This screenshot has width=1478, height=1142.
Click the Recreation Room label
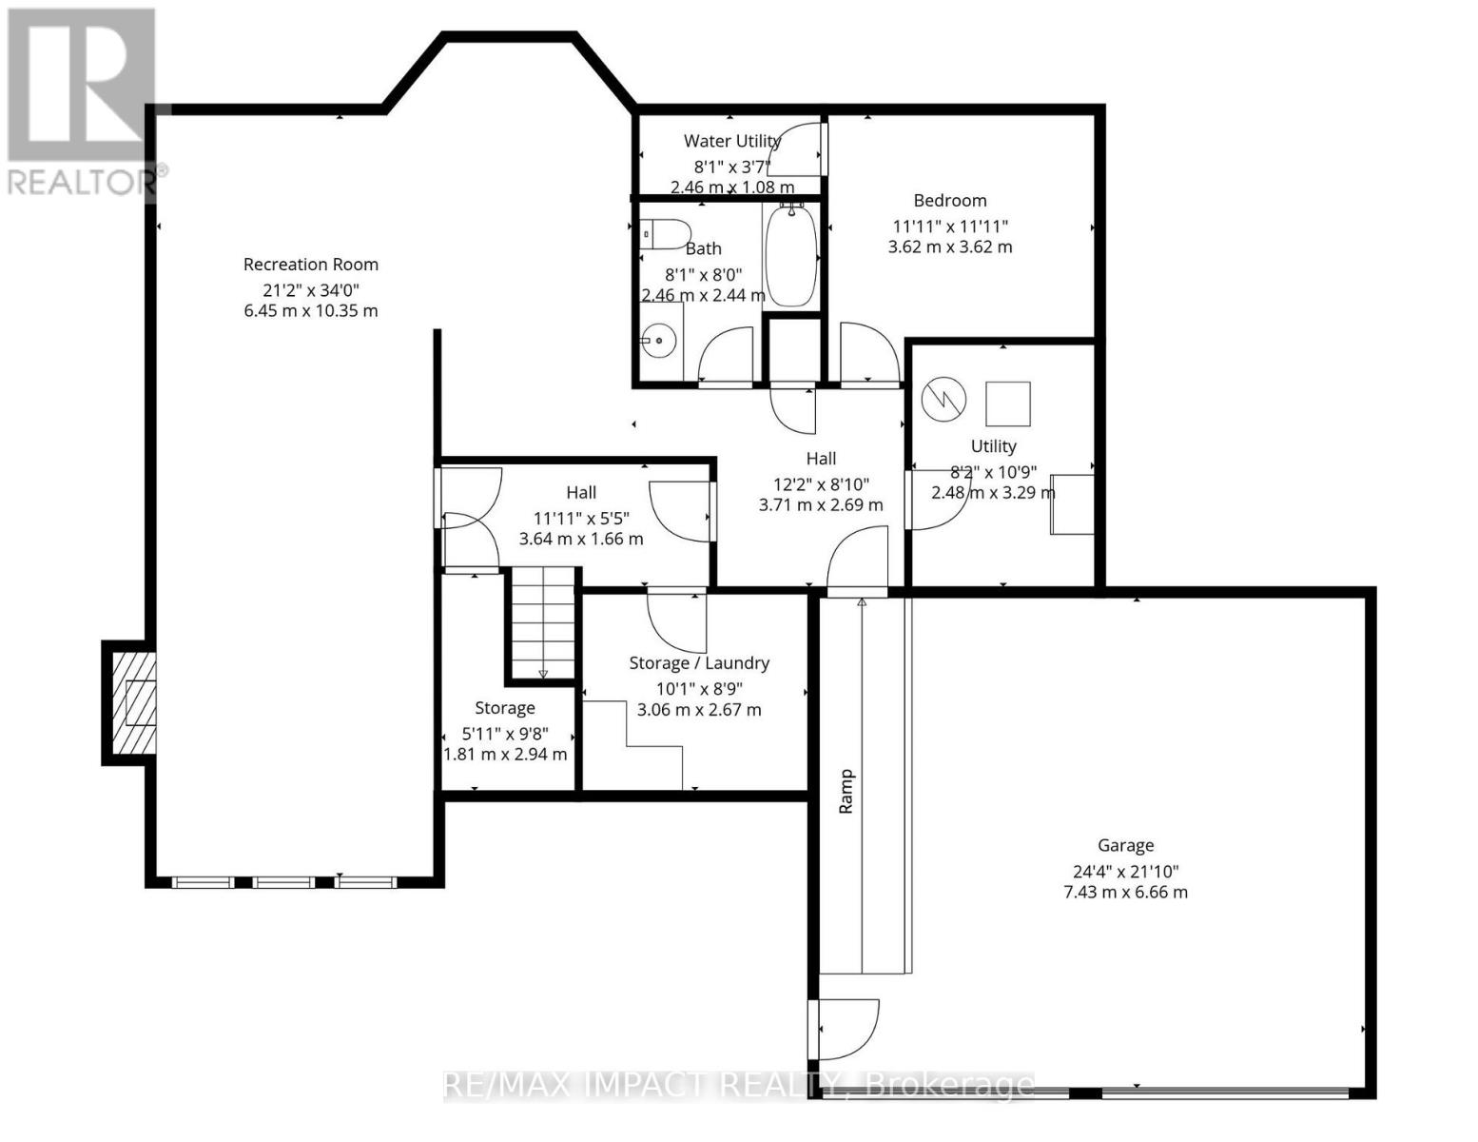click(310, 265)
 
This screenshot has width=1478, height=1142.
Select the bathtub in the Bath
click(789, 256)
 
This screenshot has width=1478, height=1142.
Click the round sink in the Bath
click(657, 340)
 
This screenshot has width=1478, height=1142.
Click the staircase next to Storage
click(542, 623)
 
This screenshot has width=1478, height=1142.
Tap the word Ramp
click(846, 791)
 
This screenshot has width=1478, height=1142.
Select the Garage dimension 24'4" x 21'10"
click(1125, 870)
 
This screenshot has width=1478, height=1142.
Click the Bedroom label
click(949, 201)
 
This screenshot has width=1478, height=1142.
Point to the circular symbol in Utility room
click(943, 400)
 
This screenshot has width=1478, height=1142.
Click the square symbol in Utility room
click(1007, 404)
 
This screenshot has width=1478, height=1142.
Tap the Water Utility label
click(731, 142)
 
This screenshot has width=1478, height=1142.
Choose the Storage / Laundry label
click(699, 663)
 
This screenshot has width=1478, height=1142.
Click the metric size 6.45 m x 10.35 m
click(310, 311)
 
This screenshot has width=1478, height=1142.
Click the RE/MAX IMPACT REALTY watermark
click(738, 1085)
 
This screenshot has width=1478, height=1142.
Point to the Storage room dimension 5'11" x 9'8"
click(505, 735)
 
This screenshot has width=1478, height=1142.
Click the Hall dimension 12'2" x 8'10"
click(820, 483)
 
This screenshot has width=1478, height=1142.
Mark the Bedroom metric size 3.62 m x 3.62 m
click(949, 247)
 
